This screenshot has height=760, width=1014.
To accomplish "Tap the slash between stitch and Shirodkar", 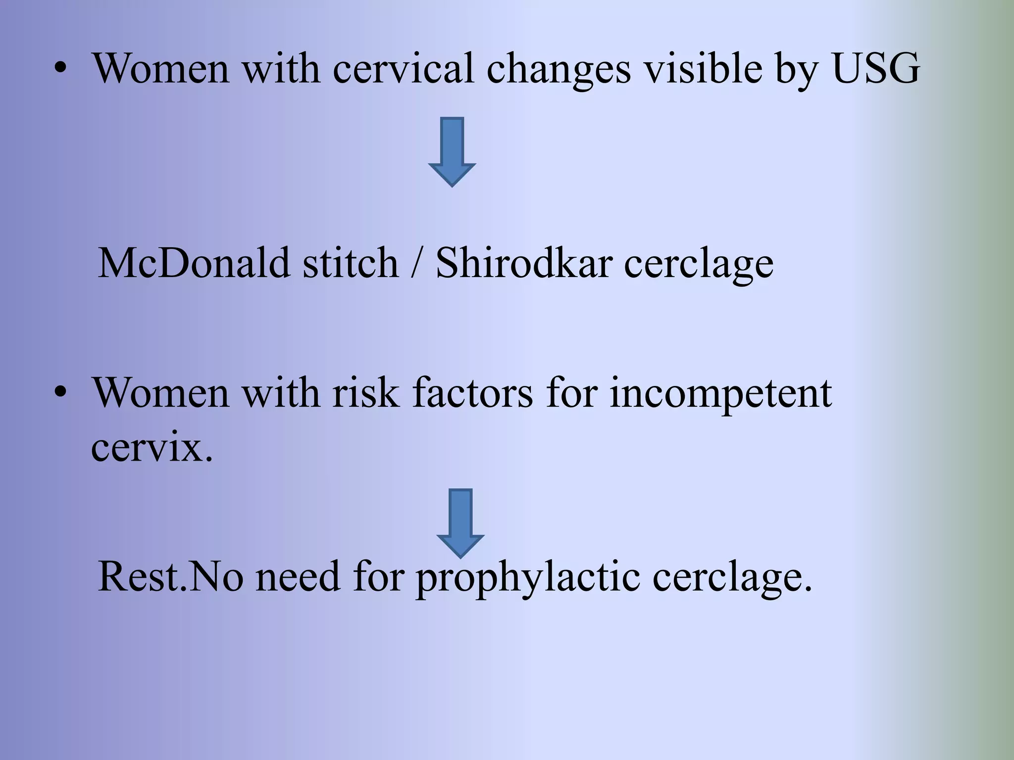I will coord(416,263).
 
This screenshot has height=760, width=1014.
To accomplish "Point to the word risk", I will coord(366,393).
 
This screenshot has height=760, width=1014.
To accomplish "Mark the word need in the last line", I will coord(298,576).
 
